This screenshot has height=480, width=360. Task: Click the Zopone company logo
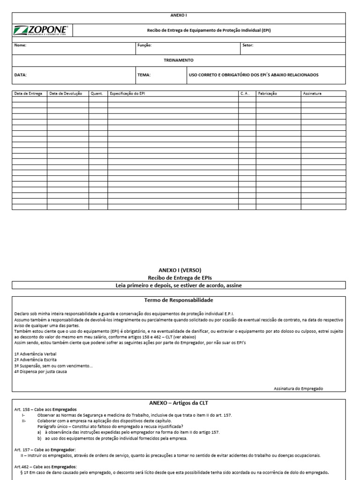42,30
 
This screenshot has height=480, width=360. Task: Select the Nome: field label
21,45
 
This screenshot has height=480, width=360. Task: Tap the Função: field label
144,45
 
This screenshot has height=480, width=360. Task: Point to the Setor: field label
247,45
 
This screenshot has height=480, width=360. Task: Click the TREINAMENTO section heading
178,60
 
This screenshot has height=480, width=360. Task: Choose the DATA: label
21,75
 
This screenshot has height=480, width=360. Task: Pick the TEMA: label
144,75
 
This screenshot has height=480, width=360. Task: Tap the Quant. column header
97,94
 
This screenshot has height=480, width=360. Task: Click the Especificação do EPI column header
127,94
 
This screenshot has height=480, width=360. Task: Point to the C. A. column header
245,94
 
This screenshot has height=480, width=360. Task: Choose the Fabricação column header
268,94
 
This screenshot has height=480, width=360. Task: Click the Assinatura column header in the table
312,94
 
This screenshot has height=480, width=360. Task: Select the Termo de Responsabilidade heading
179,300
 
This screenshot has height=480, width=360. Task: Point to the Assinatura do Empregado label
298,389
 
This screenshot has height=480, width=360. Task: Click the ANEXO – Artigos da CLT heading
179,403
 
